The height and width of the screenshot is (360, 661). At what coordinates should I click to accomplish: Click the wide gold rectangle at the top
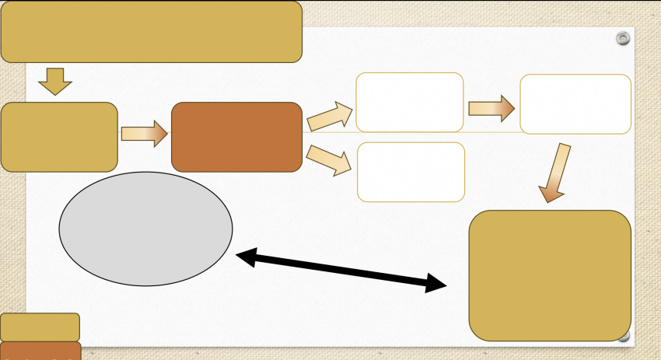click(152, 32)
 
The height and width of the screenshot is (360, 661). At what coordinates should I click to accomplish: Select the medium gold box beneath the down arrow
click(59, 137)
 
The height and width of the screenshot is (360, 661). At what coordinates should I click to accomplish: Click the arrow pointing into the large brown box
click(145, 134)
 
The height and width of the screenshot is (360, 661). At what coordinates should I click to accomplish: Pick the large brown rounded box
click(236, 137)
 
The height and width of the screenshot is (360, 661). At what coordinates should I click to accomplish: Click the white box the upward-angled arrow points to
click(410, 102)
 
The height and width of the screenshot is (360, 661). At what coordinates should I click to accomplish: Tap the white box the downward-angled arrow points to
click(411, 172)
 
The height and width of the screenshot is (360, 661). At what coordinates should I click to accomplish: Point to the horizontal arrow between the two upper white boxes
click(491, 108)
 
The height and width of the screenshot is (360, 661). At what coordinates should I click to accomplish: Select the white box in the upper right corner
click(575, 104)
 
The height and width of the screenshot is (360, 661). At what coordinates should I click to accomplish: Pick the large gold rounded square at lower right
click(550, 275)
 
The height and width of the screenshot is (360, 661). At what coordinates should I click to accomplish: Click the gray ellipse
click(145, 229)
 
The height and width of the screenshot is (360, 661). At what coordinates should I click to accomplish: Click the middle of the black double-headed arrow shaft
click(341, 270)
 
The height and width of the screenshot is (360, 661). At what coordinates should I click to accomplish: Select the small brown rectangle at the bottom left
click(40, 351)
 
